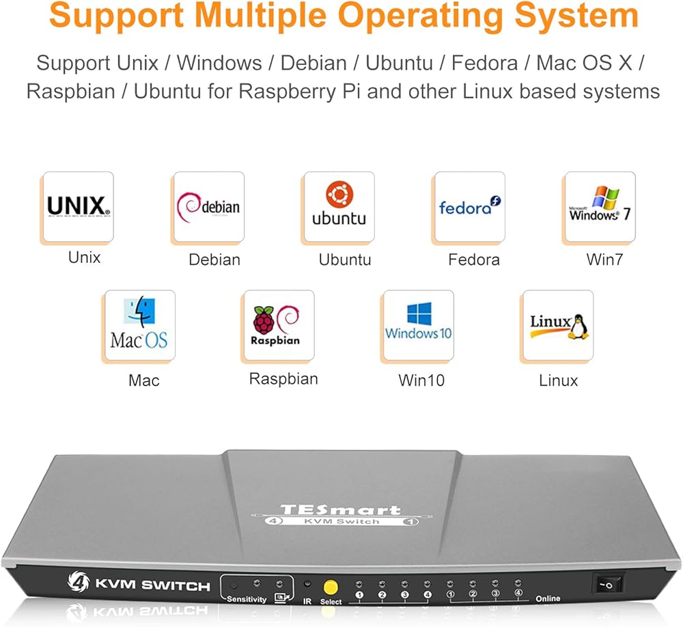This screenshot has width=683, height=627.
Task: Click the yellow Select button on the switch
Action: click(331, 587)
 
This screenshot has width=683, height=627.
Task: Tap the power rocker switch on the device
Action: click(608, 583)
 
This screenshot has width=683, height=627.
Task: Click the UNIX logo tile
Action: click(79, 206)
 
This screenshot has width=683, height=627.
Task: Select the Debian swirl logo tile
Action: click(209, 206)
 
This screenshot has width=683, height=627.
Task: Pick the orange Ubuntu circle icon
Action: click(339, 193)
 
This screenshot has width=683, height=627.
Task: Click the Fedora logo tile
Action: click(470, 206)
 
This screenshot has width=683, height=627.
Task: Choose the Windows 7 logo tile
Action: click(600, 206)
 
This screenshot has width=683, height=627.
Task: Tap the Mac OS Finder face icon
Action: click(139, 311)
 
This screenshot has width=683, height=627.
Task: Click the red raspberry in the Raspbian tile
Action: click(264, 320)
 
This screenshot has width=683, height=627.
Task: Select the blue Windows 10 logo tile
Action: click(419, 325)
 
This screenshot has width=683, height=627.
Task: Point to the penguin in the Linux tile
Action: click(579, 326)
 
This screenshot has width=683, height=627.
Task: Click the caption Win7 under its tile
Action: click(604, 260)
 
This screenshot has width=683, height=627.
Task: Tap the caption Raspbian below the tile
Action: click(283, 379)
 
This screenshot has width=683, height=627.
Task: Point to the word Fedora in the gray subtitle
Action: click(484, 63)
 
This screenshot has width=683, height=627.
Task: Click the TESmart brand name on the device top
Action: click(340, 510)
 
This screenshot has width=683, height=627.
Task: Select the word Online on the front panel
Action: click(548, 599)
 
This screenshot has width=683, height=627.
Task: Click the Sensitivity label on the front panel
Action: click(247, 599)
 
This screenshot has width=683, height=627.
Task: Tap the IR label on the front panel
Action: click(307, 601)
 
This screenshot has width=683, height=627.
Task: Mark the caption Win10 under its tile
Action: click(421, 380)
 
